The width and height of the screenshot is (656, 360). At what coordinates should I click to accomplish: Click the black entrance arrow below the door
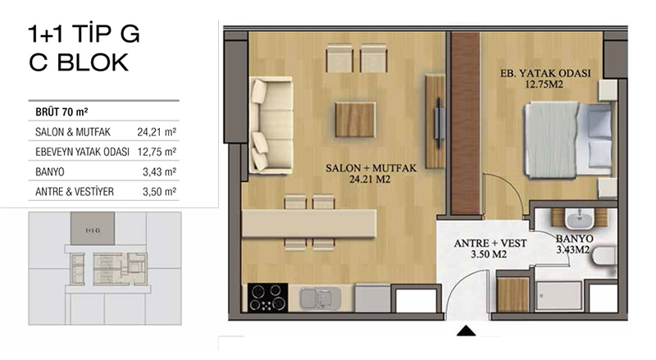(466, 330)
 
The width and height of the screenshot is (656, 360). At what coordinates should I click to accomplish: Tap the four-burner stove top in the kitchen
(267, 297)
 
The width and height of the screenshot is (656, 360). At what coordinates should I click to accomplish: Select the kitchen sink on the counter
(320, 298)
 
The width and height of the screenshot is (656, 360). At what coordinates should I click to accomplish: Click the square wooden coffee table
(355, 120)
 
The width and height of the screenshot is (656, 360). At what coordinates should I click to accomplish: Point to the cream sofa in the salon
(271, 125)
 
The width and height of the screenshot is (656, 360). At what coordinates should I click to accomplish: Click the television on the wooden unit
(438, 123)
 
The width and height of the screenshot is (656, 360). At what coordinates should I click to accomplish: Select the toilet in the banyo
(604, 256)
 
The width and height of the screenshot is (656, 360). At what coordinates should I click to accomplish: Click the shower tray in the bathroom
(558, 295)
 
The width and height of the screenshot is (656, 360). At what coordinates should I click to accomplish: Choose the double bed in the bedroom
(569, 139)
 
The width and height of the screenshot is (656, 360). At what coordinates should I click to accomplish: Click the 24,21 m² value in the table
(157, 132)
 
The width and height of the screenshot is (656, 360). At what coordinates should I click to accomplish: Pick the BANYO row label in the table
(50, 171)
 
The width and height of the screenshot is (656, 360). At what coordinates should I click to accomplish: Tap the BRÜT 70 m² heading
(61, 112)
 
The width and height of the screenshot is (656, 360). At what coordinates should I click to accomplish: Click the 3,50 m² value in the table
(159, 192)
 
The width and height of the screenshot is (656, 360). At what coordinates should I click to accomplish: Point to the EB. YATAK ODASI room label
(545, 73)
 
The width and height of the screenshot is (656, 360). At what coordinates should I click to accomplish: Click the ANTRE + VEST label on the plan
(490, 244)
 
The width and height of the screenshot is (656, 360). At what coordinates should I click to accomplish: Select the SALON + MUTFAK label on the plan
(371, 168)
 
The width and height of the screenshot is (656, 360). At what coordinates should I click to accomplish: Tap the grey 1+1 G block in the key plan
(93, 228)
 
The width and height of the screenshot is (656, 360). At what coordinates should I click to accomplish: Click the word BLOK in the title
(93, 62)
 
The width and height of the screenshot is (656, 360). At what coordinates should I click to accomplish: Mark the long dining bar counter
(309, 224)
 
